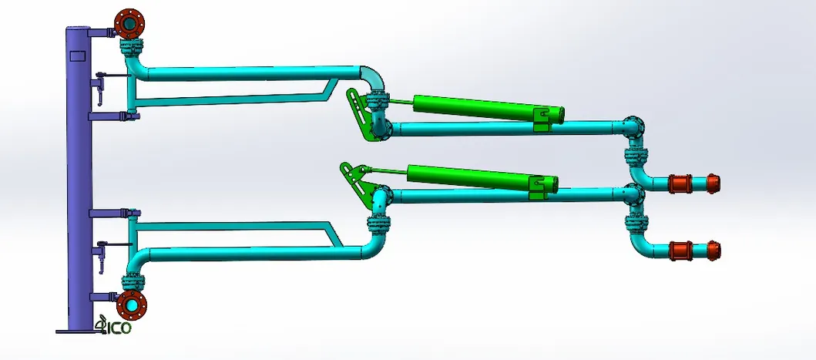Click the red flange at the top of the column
pyautogui.click(x=129, y=23)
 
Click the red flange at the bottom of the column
pyautogui.click(x=132, y=304)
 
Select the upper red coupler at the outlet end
pyautogui.click(x=680, y=183)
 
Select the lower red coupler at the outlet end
pyautogui.click(x=680, y=251)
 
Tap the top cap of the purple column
pyautogui.click(x=78, y=28)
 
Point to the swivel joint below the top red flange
pyautogui.click(x=132, y=52)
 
